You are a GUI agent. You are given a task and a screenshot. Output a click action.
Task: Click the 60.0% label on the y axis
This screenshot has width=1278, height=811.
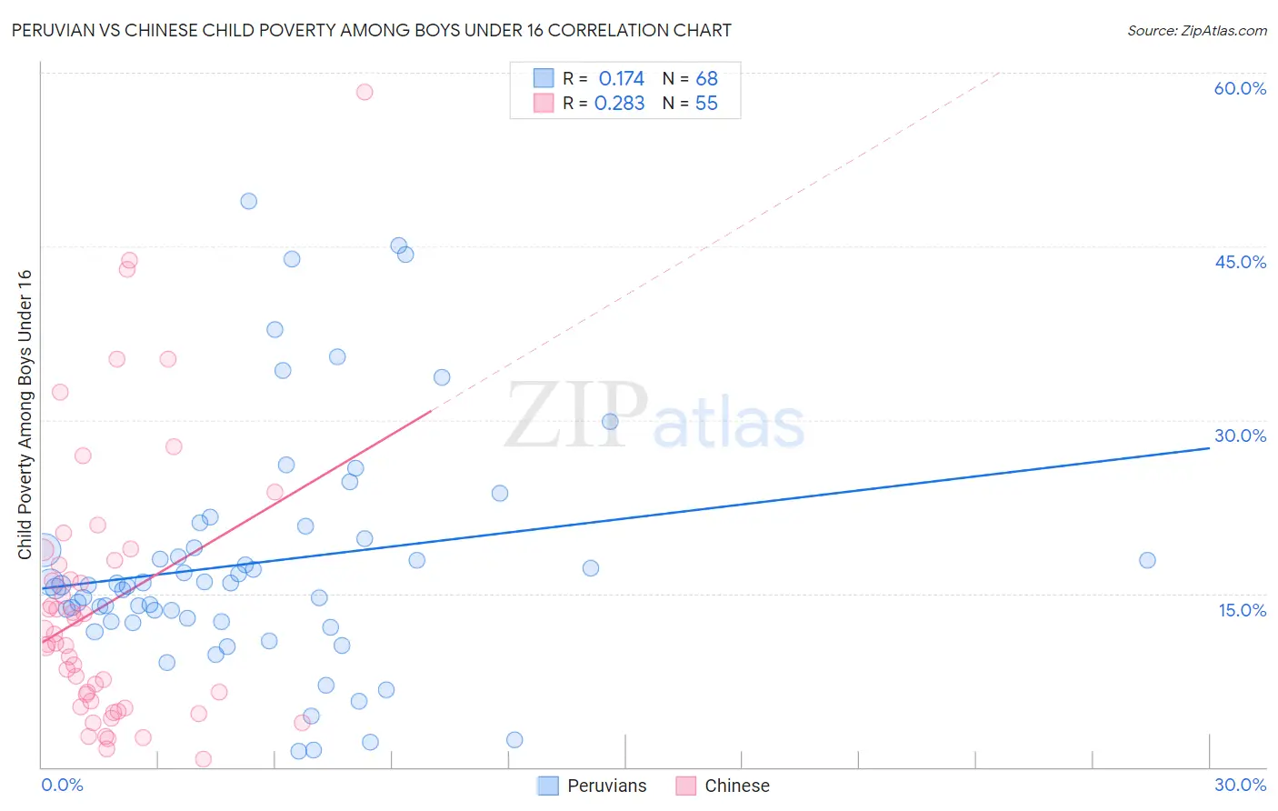(x=1240, y=88)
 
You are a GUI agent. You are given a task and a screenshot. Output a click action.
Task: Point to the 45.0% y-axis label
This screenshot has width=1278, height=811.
(x=1240, y=262)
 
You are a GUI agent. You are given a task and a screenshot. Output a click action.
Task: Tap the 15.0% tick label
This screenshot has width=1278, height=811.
(x=1242, y=610)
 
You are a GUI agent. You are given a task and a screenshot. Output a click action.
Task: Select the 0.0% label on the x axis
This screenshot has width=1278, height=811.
(x=62, y=785)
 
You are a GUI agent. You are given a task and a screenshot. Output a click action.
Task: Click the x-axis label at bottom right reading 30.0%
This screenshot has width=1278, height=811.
(x=1240, y=785)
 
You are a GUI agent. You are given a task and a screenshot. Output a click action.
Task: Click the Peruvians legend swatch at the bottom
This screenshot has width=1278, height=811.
(x=547, y=786)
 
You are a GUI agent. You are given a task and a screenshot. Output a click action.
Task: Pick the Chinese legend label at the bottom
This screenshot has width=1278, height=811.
(x=736, y=786)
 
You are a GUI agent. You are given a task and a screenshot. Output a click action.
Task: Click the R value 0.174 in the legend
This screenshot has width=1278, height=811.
(x=621, y=79)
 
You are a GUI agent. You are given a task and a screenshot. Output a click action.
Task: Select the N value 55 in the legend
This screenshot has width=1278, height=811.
(x=706, y=104)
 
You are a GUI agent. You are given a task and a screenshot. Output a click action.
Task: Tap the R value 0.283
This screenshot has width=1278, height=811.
(x=619, y=104)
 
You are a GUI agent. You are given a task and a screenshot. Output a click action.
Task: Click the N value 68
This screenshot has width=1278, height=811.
(x=706, y=79)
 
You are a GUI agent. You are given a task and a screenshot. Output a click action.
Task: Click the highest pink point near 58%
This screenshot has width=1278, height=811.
(x=364, y=92)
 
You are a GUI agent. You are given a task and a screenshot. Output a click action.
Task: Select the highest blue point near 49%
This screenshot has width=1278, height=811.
(x=248, y=201)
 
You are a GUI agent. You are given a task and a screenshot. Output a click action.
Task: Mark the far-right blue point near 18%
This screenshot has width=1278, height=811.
(x=1147, y=560)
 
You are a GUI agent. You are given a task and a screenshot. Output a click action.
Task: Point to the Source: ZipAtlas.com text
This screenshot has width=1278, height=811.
(x=1196, y=31)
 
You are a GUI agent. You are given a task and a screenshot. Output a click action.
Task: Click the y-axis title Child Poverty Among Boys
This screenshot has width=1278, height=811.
(x=25, y=414)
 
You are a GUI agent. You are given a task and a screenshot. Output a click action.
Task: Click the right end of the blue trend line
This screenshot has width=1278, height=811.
(x=1209, y=448)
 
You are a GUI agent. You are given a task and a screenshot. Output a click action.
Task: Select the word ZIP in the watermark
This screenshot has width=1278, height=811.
(x=575, y=416)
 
